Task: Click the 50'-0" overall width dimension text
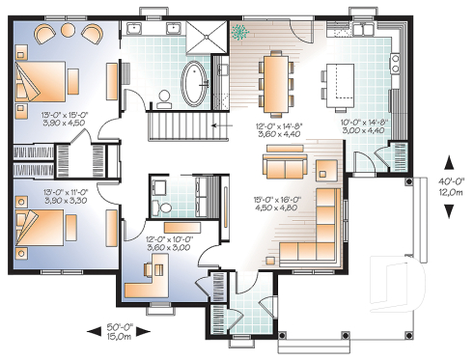121,329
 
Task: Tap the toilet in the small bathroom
164,208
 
